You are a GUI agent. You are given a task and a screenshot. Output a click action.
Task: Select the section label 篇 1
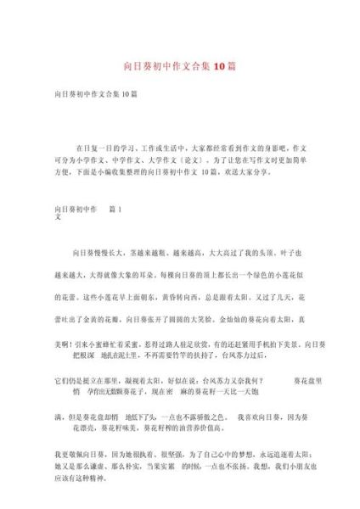click(115, 208)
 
